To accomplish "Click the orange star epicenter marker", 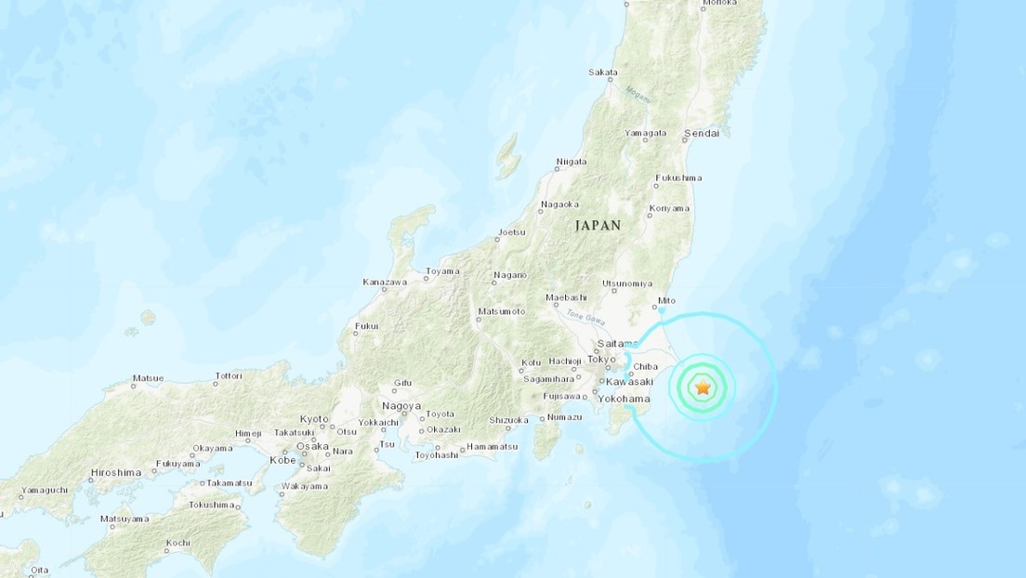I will (x=703, y=388).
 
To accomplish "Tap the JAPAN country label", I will (x=598, y=225).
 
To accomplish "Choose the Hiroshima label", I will (x=115, y=473).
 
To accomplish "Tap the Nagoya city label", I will (x=401, y=407).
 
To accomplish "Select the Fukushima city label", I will (x=677, y=177).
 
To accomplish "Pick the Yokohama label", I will (x=625, y=399).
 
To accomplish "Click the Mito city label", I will (x=666, y=301).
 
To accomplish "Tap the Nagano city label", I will (x=510, y=275).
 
